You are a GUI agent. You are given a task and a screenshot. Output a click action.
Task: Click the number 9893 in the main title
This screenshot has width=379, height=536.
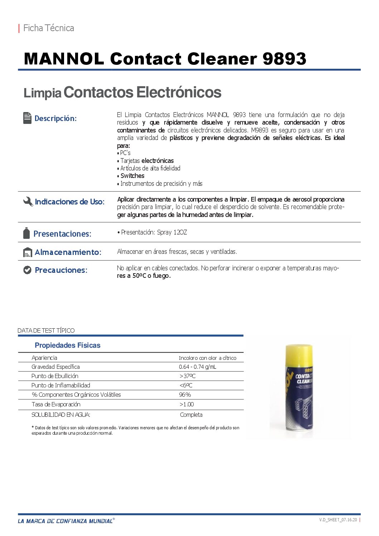click(x=284, y=59)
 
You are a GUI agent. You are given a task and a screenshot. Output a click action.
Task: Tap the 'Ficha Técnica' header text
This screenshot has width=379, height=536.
click(x=48, y=28)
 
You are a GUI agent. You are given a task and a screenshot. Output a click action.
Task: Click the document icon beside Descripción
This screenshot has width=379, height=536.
click(x=27, y=118)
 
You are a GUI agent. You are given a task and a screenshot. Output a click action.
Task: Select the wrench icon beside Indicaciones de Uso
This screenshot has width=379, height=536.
click(x=28, y=202)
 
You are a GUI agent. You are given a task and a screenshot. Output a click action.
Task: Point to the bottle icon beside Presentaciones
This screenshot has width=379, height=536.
click(x=26, y=233)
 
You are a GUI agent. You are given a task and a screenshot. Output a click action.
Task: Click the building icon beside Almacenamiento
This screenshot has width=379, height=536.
click(x=28, y=252)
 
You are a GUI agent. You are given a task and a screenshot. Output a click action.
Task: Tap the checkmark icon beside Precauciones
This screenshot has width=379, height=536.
click(x=27, y=270)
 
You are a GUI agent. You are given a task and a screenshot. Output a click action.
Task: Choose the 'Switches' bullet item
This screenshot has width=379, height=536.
click(x=132, y=176)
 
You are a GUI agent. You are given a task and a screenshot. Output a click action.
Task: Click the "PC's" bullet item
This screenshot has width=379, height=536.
click(x=125, y=153)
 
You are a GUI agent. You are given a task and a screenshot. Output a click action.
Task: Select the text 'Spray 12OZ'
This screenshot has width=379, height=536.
click(x=172, y=232)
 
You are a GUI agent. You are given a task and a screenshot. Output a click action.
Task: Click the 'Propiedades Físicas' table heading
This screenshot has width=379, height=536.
click(x=67, y=345)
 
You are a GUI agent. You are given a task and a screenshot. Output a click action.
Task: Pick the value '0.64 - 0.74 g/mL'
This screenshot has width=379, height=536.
click(x=198, y=367)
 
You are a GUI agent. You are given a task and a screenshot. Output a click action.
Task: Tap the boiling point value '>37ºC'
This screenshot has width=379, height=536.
click(x=188, y=376)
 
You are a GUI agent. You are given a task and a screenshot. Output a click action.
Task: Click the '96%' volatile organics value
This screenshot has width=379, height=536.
click(x=185, y=395)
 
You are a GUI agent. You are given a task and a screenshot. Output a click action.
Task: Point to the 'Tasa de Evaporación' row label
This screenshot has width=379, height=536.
click(x=56, y=404)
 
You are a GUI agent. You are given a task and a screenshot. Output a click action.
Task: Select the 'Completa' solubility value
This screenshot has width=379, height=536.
click(x=191, y=415)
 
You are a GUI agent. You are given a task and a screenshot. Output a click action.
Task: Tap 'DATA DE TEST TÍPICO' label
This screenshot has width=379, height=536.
click(x=46, y=330)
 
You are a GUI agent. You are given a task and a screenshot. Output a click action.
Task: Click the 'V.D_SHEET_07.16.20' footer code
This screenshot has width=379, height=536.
click(x=338, y=520)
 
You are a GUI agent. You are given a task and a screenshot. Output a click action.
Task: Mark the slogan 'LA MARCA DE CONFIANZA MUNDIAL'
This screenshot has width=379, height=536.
click(x=65, y=521)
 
